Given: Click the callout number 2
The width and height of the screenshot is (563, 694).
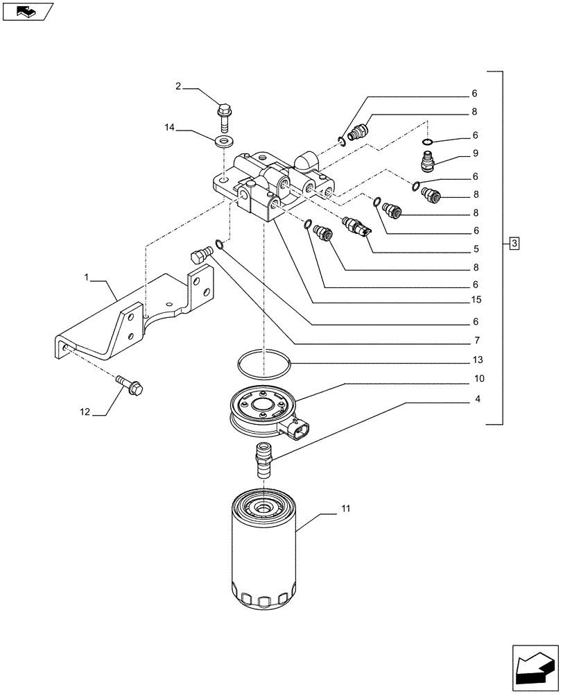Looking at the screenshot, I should tap(178, 87).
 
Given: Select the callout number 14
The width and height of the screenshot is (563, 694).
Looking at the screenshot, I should tap(168, 127).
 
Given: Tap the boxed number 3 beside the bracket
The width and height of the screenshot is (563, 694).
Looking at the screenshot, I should tap(514, 243).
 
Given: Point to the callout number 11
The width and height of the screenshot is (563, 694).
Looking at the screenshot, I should tap(345, 509).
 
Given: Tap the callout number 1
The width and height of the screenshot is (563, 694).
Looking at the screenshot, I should tap(87, 278).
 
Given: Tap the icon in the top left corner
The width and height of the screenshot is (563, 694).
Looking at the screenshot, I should tap(27, 10).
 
